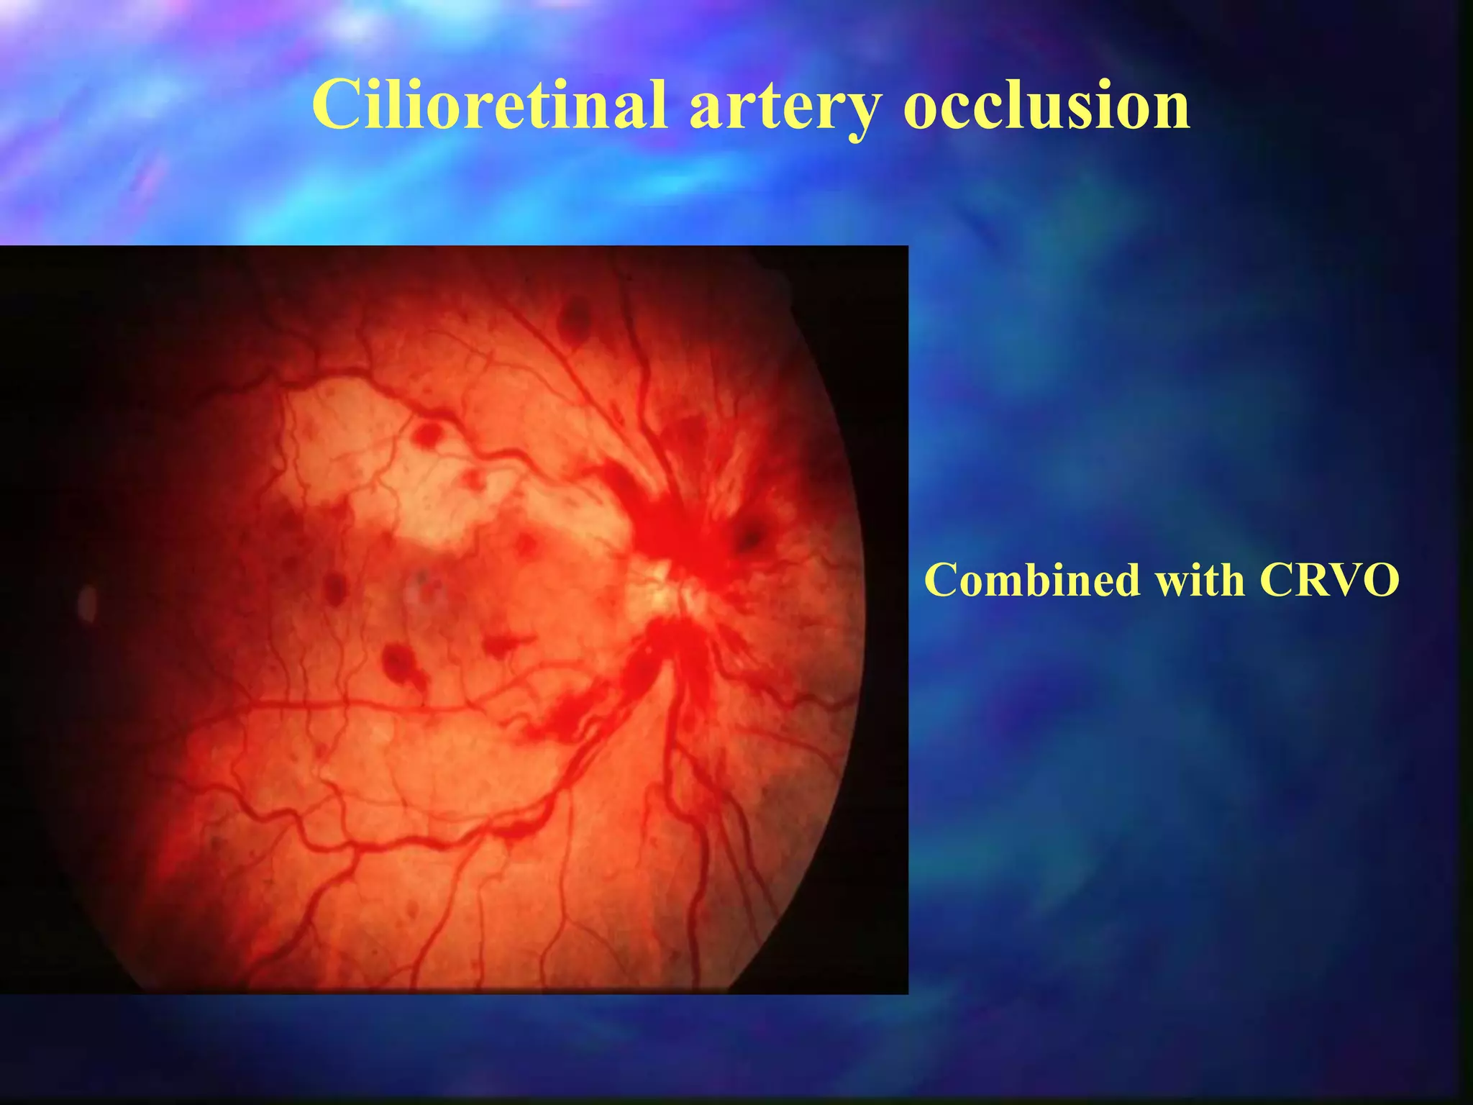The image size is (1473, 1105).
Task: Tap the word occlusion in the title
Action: coord(1046,106)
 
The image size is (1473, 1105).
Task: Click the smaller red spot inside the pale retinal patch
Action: coord(473,478)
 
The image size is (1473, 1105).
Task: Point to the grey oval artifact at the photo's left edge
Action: coord(87,603)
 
